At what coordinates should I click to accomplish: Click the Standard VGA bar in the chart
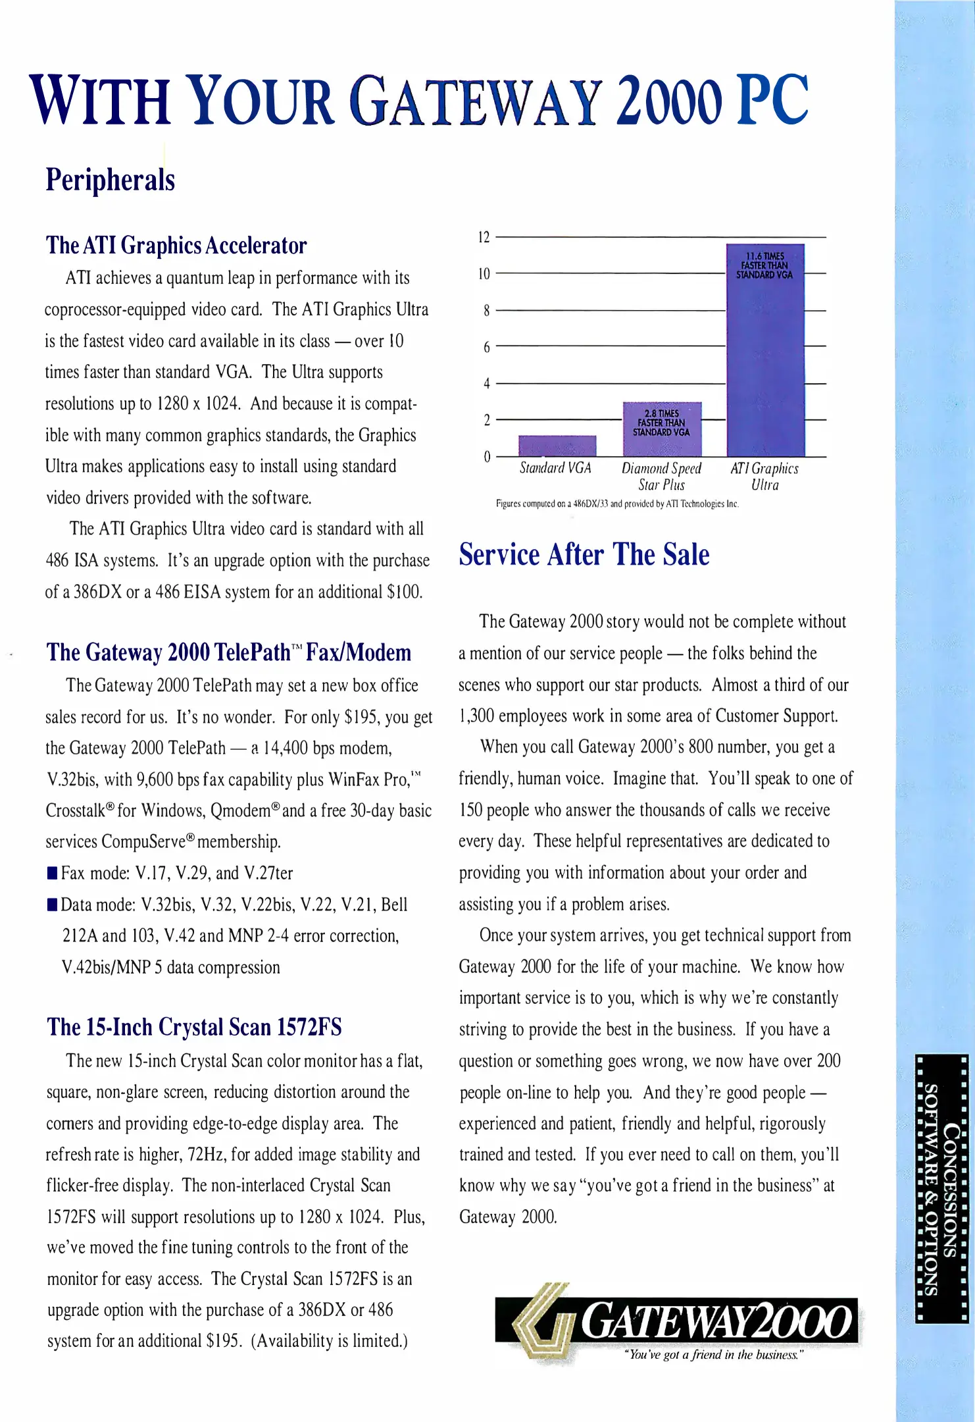tap(557, 446)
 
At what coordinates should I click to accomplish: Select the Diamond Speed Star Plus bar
tap(662, 429)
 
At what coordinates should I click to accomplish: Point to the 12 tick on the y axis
tap(484, 237)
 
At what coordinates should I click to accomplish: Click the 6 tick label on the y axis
tap(486, 347)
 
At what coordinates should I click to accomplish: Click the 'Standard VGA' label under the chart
tap(555, 468)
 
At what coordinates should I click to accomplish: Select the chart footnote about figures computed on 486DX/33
tap(617, 504)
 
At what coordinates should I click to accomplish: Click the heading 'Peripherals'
tap(110, 180)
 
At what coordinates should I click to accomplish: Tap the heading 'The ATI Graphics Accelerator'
tap(176, 246)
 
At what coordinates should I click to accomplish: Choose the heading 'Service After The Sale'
tap(584, 554)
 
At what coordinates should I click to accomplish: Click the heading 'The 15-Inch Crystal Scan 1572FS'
tap(194, 1027)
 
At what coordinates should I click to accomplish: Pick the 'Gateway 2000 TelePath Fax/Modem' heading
tap(228, 652)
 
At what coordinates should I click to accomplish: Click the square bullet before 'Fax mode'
tap(53, 874)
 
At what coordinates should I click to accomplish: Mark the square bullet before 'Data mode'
tap(53, 905)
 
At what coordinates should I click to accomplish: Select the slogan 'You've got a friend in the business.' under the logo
tap(713, 1355)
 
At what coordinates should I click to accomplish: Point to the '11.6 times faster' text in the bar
tap(764, 265)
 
